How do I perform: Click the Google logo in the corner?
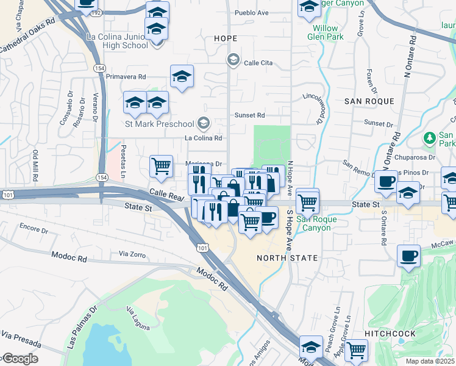20,359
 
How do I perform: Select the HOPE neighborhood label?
225,38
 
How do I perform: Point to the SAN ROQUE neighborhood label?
369,101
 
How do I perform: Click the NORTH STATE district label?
287,258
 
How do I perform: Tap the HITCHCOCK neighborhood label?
390,334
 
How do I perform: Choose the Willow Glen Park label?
328,32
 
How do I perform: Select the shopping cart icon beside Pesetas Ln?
161,165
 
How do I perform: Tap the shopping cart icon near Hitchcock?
356,349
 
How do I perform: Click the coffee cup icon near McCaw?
408,255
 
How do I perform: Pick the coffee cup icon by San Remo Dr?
386,181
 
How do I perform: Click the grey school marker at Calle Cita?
232,59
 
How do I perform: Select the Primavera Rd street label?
126,77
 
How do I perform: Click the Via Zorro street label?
132,253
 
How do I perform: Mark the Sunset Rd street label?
250,115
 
